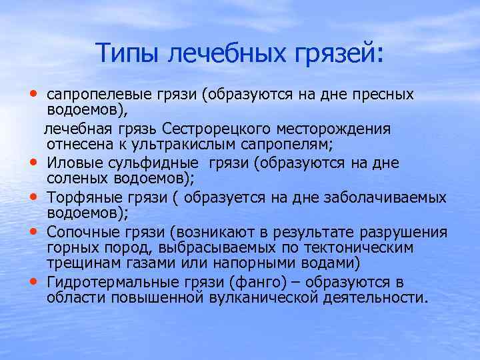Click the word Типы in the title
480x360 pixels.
[127, 53]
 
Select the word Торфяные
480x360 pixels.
[80, 197]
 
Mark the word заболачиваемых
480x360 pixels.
[395, 197]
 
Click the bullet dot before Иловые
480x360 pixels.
[33, 162]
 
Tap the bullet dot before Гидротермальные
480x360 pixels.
[33, 281]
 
